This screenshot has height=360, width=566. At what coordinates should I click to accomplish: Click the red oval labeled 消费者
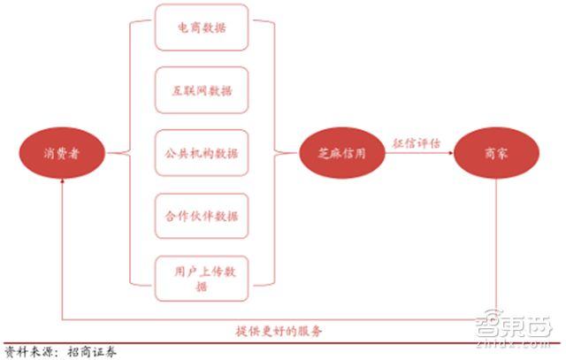pos(62,153)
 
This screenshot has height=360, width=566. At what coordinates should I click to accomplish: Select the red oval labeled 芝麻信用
pos(342,153)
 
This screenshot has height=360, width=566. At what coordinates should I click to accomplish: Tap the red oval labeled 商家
pos(496,153)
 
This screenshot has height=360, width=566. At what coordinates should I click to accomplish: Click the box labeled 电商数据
pos(202,27)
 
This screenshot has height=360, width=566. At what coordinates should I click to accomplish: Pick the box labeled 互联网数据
pos(202,90)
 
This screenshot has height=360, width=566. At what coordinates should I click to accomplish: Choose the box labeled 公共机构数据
pos(202,153)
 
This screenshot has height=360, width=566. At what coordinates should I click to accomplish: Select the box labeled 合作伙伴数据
pos(202,216)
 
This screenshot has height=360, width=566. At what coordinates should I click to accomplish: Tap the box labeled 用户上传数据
pos(202,279)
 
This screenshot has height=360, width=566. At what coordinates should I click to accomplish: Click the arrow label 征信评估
pos(417,143)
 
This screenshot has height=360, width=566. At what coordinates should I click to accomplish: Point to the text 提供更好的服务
pos(279,331)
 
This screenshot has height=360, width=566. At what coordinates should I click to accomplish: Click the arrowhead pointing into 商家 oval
pos(451,153)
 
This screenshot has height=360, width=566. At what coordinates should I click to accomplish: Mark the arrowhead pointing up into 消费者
pos(62,181)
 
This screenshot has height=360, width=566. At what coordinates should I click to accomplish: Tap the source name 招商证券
pos(92,352)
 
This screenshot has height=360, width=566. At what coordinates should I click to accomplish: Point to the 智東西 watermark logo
pos(514,326)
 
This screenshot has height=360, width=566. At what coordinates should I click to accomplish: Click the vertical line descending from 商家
pos(496,249)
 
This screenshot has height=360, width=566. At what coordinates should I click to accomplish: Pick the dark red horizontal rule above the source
pos(281,342)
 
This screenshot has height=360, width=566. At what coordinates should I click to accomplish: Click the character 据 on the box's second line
pos(202,287)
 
